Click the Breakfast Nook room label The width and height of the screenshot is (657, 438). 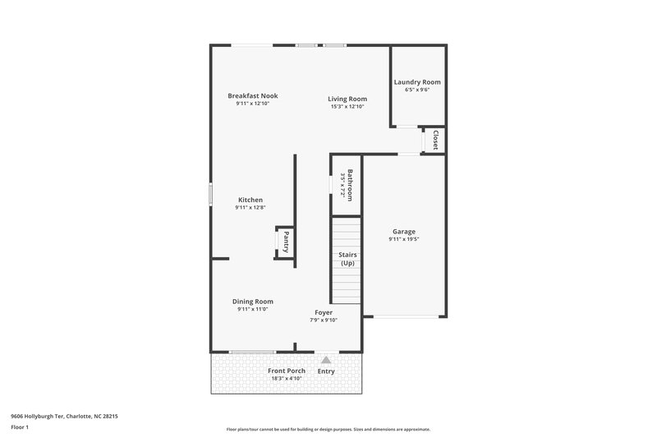point(252,96)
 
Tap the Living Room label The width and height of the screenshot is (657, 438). point(347,99)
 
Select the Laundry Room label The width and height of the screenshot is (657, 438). point(417,82)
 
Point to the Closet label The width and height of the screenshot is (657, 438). point(435,140)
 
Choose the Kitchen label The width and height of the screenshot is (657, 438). point(250,200)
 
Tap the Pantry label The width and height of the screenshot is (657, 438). point(286,242)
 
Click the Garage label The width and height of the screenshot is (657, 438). point(403,232)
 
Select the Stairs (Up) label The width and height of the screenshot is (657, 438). point(347,259)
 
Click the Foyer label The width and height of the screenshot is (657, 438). point(324,313)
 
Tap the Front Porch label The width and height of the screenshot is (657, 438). point(287,371)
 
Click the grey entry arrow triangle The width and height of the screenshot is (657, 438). point(326,360)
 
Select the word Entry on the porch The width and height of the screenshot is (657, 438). point(326,371)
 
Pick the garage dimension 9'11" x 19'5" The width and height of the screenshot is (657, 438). point(403,240)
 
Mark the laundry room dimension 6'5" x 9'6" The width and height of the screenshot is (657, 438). point(417,90)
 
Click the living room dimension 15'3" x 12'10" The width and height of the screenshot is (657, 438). point(347,106)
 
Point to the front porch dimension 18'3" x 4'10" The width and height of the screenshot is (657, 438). point(287,379)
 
